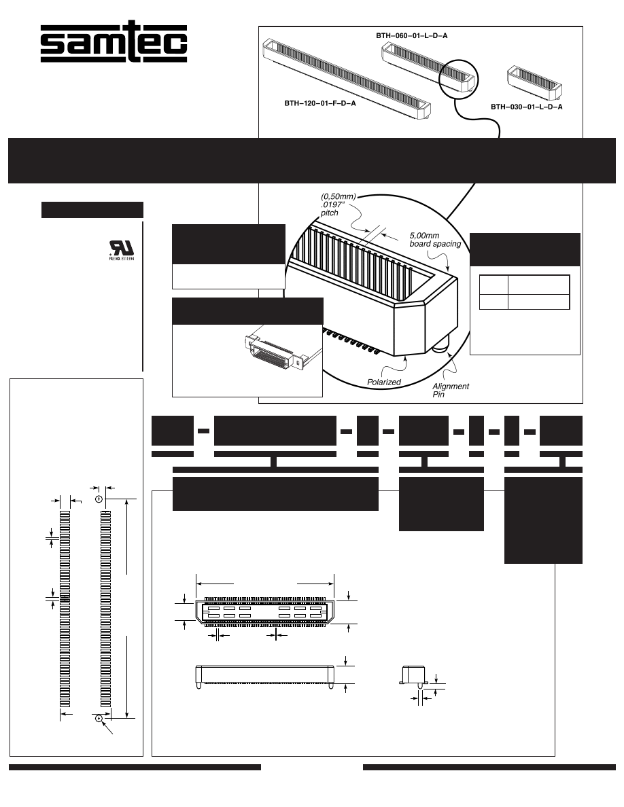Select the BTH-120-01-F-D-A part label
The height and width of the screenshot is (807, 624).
(x=320, y=103)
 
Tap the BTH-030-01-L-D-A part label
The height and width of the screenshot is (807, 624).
(x=527, y=107)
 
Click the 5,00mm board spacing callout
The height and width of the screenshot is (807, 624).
(x=434, y=240)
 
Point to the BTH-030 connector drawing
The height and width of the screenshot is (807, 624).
(x=536, y=81)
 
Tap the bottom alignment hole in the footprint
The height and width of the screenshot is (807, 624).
(x=99, y=718)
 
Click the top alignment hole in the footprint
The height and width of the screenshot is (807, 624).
(x=99, y=499)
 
